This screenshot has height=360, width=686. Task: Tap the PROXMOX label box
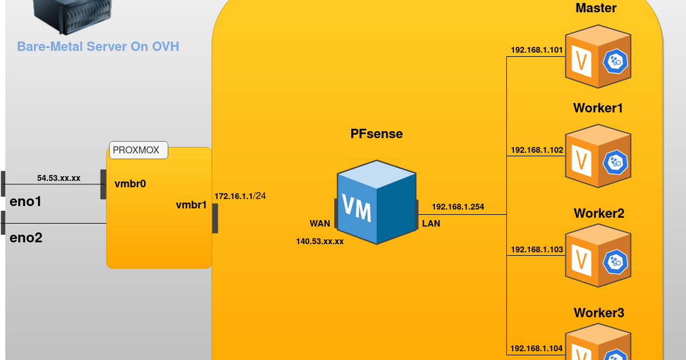coord(139,150)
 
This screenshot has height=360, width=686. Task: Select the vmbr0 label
coord(131,184)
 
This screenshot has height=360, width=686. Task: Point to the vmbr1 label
coord(191,205)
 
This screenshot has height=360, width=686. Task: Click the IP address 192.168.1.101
coord(537,50)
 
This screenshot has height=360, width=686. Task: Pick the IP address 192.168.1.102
coord(537,150)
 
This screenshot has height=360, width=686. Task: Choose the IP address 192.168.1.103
coord(537,250)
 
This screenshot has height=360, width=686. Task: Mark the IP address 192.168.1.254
coord(458,207)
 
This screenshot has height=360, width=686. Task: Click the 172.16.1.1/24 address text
coord(241,196)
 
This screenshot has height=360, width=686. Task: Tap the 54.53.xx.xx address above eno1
coord(59,177)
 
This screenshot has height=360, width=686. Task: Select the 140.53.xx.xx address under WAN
coord(320,241)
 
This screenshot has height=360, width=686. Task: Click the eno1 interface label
coord(26,202)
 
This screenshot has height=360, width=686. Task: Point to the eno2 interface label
coord(26,238)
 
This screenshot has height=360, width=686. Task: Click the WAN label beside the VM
coord(320,224)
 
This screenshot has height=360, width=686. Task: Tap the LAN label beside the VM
coord(431,223)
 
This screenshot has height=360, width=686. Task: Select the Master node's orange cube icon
coord(598,57)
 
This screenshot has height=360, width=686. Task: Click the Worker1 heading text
coord(598,108)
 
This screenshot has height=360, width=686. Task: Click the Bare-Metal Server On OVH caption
coord(98,46)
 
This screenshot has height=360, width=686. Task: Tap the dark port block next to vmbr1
coord(215,218)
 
